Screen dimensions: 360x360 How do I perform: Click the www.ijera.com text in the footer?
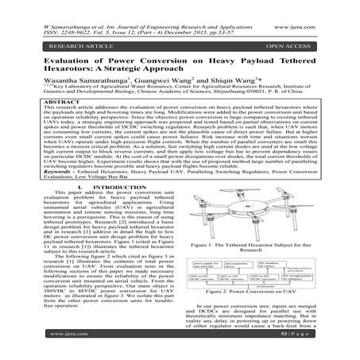[x=33, y=352]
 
